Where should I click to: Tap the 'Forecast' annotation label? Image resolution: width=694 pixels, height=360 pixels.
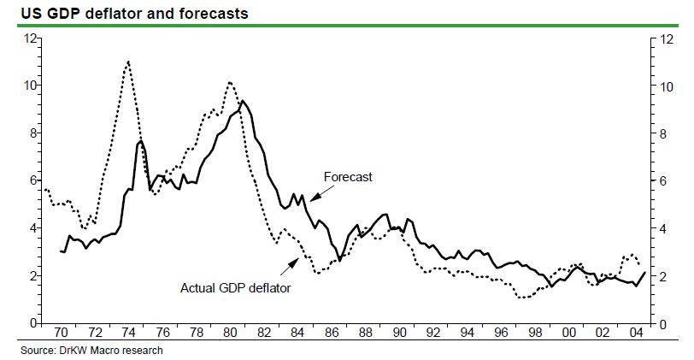348,177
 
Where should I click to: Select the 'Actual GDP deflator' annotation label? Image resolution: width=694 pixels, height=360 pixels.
236,288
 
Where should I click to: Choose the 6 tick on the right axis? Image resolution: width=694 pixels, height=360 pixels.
662,180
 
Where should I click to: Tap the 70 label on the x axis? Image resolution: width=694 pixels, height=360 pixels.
61,331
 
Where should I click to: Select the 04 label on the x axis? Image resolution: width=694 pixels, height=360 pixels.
633,331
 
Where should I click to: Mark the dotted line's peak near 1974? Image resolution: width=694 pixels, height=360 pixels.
128,62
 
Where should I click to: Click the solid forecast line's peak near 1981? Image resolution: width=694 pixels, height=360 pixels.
244,101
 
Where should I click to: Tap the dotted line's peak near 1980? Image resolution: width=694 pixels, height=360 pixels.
230,82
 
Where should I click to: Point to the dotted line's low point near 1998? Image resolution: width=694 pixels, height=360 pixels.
522,298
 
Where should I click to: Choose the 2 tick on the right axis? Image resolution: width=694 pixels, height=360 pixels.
662,276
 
